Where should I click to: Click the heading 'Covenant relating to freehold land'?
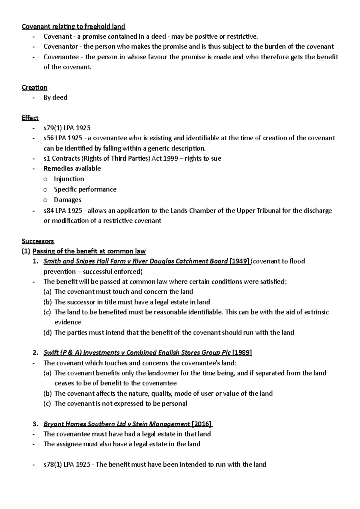click(x=73, y=26)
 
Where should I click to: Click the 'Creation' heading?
click(x=34, y=87)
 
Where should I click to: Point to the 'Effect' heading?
click(x=30, y=118)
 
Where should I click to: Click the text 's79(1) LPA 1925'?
click(x=67, y=128)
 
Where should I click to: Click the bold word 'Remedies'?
click(x=58, y=168)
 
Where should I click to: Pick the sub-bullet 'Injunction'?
click(x=69, y=179)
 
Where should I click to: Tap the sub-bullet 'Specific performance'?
click(x=85, y=189)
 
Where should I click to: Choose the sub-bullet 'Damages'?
click(x=67, y=200)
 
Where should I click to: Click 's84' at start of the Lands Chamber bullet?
click(x=49, y=210)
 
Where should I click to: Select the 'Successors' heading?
click(x=38, y=241)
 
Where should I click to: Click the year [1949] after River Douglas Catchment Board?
click(x=239, y=261)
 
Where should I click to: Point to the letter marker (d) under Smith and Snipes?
click(x=47, y=332)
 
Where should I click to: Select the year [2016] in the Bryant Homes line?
click(x=202, y=424)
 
